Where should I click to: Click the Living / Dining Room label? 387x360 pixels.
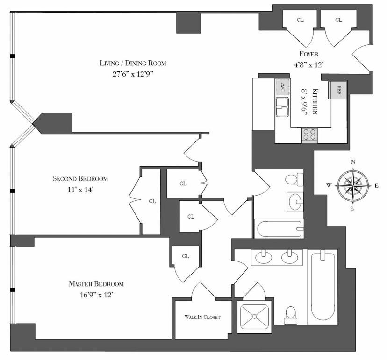[133, 63]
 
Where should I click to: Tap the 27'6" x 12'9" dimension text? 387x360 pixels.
[133, 74]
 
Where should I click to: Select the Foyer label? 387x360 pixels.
[308, 54]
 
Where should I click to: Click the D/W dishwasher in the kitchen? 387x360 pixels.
[282, 87]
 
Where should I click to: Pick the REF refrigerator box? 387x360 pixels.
[338, 90]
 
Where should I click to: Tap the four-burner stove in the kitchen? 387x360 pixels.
[309, 135]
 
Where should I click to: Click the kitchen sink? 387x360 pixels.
[282, 107]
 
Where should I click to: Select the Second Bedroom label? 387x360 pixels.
[80, 178]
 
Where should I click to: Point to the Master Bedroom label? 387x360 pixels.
[96, 284]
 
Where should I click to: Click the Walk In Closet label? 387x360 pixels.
[202, 317]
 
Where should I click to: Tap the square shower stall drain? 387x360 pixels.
[254, 316]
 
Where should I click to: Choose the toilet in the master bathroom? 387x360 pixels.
[290, 315]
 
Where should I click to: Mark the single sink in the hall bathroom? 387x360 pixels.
[295, 202]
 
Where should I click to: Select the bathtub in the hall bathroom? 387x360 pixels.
[279, 229]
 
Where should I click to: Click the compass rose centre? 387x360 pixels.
[353, 185]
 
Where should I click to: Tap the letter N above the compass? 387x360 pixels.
[353, 162]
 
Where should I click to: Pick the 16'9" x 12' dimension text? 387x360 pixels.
[96, 295]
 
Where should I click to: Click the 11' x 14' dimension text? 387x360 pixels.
[80, 190]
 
